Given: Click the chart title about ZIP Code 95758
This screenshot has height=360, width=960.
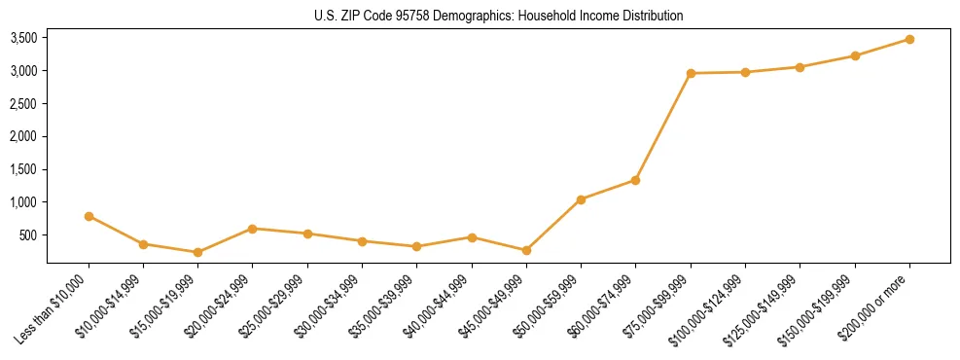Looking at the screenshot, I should point(498,16).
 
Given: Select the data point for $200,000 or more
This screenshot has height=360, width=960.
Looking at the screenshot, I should point(909,39).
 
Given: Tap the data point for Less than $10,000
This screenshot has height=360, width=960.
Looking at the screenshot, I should point(89,216).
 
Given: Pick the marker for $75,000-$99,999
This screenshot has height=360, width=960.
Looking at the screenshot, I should point(691,73).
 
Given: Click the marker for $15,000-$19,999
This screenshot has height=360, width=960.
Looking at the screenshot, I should point(197,252).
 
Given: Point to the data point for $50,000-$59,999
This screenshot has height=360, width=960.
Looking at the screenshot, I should point(581,199).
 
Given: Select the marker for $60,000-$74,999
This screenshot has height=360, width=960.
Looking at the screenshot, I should point(635,180).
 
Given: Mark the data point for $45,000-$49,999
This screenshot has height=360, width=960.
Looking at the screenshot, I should point(526,250).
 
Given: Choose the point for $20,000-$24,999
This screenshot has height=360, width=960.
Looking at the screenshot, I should point(253,229).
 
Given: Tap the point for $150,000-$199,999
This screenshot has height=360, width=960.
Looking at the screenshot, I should point(855,55).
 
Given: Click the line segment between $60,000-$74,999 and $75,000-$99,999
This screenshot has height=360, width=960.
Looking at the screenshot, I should point(663,126).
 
